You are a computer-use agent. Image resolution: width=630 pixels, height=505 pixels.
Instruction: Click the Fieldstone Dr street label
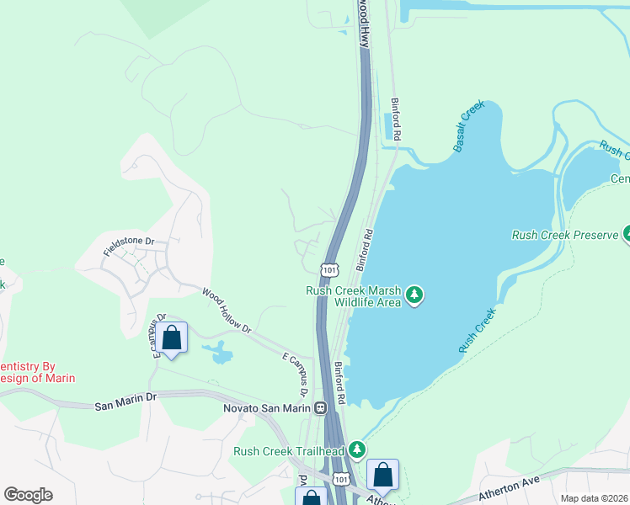click(x=129, y=247)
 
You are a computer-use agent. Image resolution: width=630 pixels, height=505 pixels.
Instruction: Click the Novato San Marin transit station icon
click(x=320, y=408)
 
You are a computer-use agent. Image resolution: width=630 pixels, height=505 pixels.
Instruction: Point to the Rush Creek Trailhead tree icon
click(x=357, y=451)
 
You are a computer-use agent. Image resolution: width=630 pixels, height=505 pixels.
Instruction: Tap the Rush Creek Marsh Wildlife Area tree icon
click(x=414, y=295)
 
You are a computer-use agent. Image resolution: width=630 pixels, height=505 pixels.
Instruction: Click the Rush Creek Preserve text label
click(x=564, y=235)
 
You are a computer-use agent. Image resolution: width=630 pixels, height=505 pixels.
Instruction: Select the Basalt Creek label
click(x=469, y=130)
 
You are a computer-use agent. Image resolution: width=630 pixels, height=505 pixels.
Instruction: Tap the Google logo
click(x=28, y=495)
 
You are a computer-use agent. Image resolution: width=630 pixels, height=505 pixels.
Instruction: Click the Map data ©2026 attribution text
click(x=595, y=498)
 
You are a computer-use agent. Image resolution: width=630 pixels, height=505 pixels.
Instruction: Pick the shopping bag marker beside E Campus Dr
click(x=172, y=338)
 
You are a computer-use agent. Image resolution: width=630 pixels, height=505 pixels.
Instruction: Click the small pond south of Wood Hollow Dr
click(x=221, y=353)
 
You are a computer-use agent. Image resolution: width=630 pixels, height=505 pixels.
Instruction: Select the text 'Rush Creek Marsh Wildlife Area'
click(x=354, y=296)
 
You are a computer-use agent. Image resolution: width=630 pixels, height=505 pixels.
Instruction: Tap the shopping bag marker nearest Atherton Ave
click(x=383, y=476)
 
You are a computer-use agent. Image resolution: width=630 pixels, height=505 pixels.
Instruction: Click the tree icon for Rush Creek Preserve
click(x=627, y=234)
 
